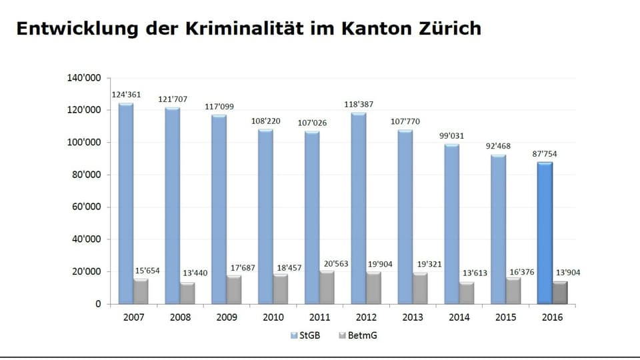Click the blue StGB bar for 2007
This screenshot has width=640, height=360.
(125, 203)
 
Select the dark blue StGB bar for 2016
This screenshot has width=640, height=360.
(545, 233)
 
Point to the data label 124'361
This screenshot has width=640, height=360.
(125, 94)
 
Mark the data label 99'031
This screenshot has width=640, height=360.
(451, 135)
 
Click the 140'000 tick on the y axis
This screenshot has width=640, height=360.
(84, 78)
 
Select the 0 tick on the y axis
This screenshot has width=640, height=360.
(97, 304)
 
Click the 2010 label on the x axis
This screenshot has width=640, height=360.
(273, 317)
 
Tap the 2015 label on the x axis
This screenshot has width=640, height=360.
(505, 317)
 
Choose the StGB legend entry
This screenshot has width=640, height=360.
(305, 335)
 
